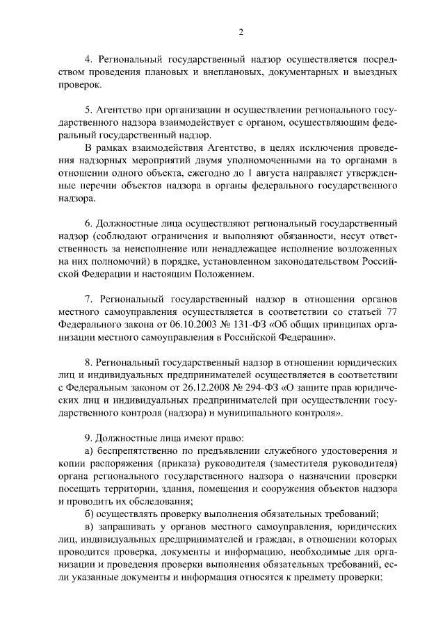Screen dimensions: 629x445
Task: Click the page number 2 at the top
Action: pyautogui.click(x=240, y=31)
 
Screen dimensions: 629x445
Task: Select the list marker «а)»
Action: pyautogui.click(x=88, y=451)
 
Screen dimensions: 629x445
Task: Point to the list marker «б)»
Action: pyautogui.click(x=88, y=514)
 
